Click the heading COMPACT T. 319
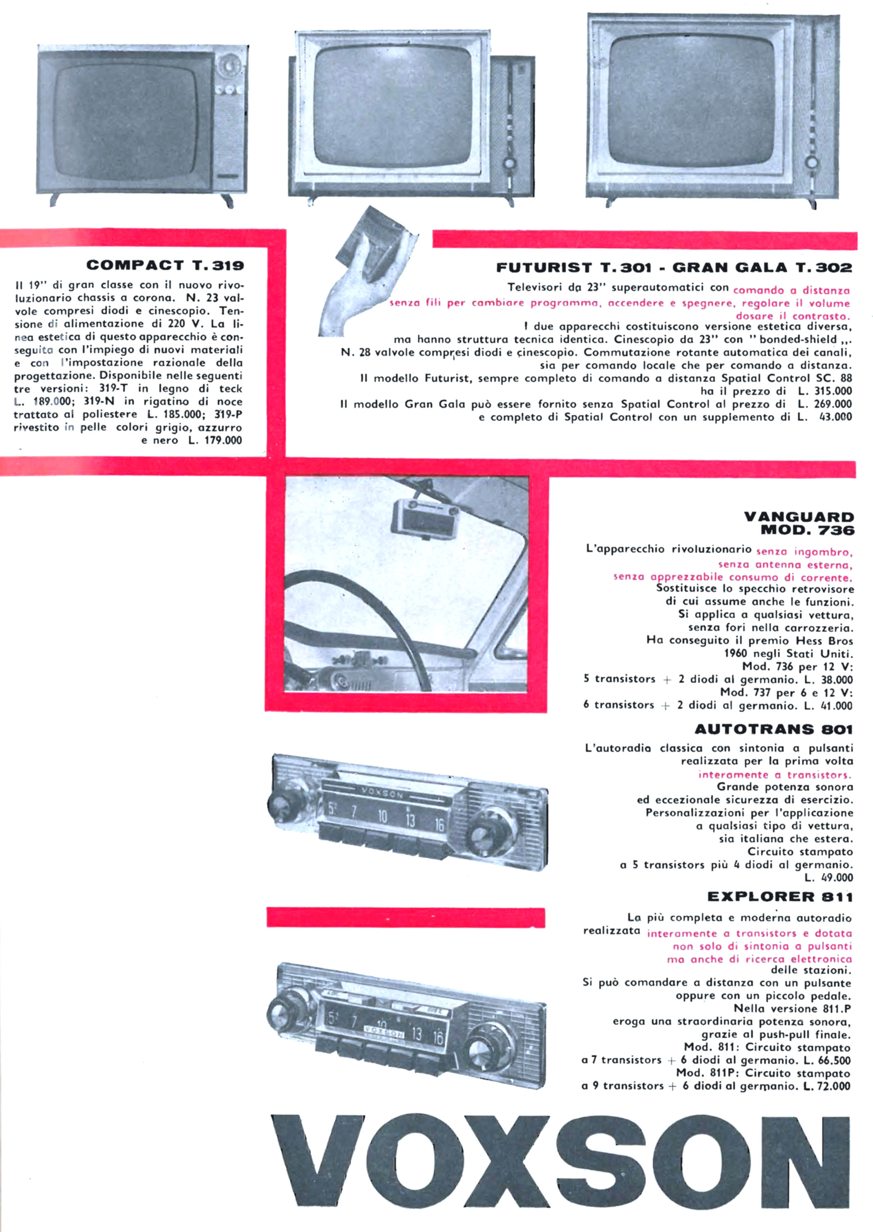click(x=165, y=265)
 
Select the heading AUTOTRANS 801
click(x=774, y=729)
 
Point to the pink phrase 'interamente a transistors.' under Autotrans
click(x=775, y=775)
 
